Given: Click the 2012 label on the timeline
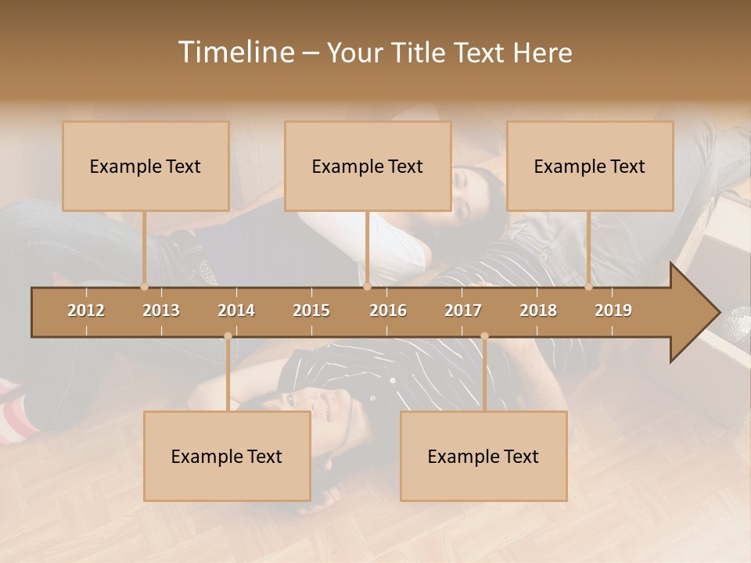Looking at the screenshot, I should click(86, 310).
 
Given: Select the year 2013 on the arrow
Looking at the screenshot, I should click(161, 310).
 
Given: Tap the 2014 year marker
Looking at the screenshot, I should click(236, 310).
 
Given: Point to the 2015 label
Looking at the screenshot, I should click(311, 310).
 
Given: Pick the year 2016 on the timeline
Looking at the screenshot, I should click(388, 310).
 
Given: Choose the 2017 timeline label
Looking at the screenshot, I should click(463, 310).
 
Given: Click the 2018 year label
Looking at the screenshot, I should click(538, 310).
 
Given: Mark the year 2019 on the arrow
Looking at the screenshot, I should click(613, 310).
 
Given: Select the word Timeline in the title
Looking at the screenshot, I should click(235, 52).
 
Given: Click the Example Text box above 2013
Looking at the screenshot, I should click(146, 167).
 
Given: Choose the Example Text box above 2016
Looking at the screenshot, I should click(368, 167).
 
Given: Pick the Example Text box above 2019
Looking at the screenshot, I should click(590, 167).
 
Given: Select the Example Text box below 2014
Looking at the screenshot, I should click(227, 457).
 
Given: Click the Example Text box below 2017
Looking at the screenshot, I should click(483, 457).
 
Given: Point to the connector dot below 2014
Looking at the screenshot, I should click(228, 336).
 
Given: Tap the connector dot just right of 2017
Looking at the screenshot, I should click(484, 336).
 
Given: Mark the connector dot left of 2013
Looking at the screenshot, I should click(144, 287).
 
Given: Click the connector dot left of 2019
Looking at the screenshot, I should click(588, 287).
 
